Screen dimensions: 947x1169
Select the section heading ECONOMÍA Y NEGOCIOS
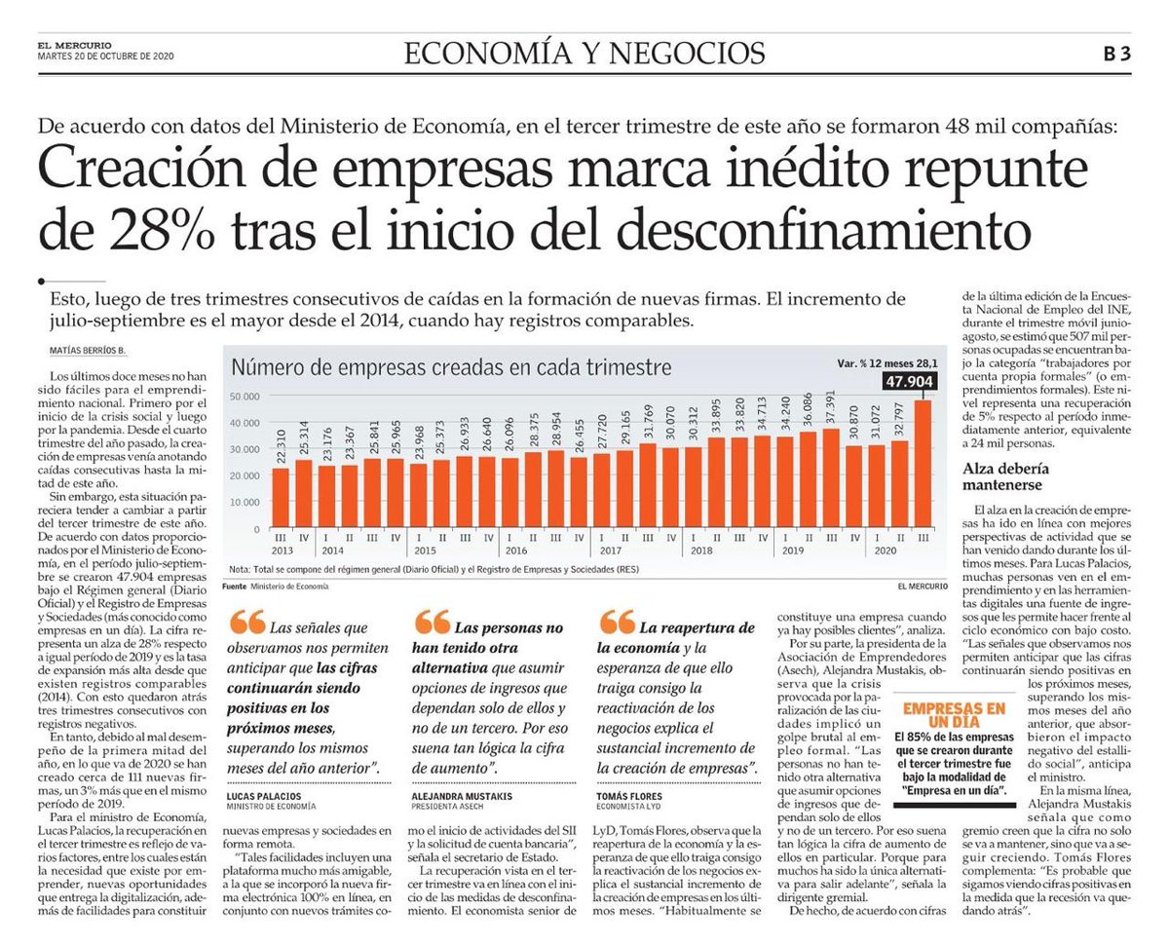584,53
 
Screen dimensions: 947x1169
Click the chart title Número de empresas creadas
450,368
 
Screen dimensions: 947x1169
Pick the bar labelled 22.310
281,497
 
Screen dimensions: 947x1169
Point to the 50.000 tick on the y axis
245,397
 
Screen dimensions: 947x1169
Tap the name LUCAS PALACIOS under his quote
266,796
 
